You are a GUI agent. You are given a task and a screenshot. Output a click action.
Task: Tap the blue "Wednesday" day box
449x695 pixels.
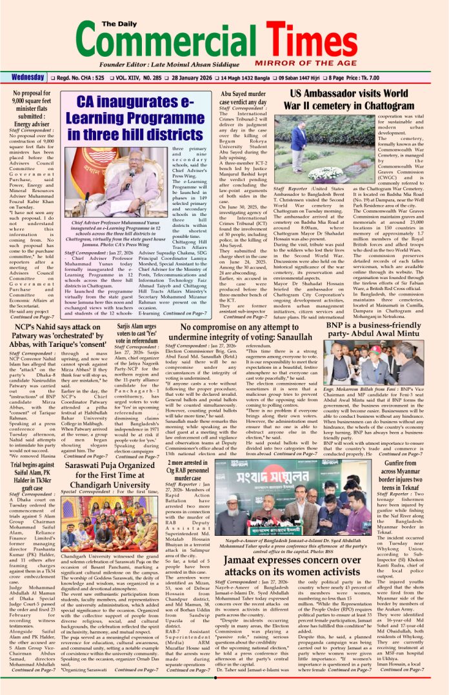point(28,77)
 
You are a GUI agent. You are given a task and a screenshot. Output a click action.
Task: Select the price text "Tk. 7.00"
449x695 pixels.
point(423,77)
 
